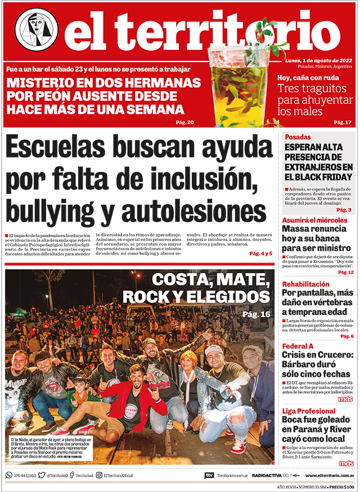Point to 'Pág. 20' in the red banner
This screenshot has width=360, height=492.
185,123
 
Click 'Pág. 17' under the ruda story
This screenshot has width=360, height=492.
342,123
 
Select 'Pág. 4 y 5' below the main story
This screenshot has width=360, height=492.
260,254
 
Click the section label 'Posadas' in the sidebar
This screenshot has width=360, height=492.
298,137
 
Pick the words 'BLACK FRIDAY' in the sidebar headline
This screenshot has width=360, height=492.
318,177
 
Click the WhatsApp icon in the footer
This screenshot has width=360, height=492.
9,475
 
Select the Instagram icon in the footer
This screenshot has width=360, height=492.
99,475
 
